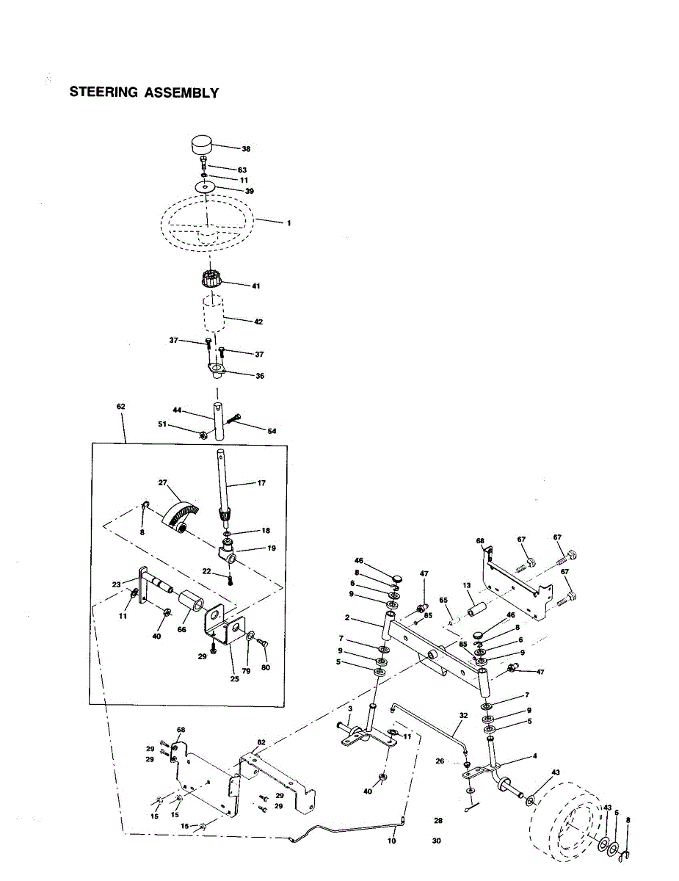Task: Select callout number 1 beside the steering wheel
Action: coord(288,222)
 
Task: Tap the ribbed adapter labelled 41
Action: coord(211,280)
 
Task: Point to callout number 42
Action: coord(258,322)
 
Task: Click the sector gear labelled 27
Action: coord(180,512)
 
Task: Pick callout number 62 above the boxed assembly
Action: coord(120,406)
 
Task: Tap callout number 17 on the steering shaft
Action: coord(262,483)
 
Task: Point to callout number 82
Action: coord(261,742)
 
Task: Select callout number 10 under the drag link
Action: coord(391,841)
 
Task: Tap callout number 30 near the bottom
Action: coord(437,841)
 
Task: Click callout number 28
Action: coord(438,821)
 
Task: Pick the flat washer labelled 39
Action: coord(208,188)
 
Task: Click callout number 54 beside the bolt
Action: coord(272,431)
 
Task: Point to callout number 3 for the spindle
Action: coord(351,708)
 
